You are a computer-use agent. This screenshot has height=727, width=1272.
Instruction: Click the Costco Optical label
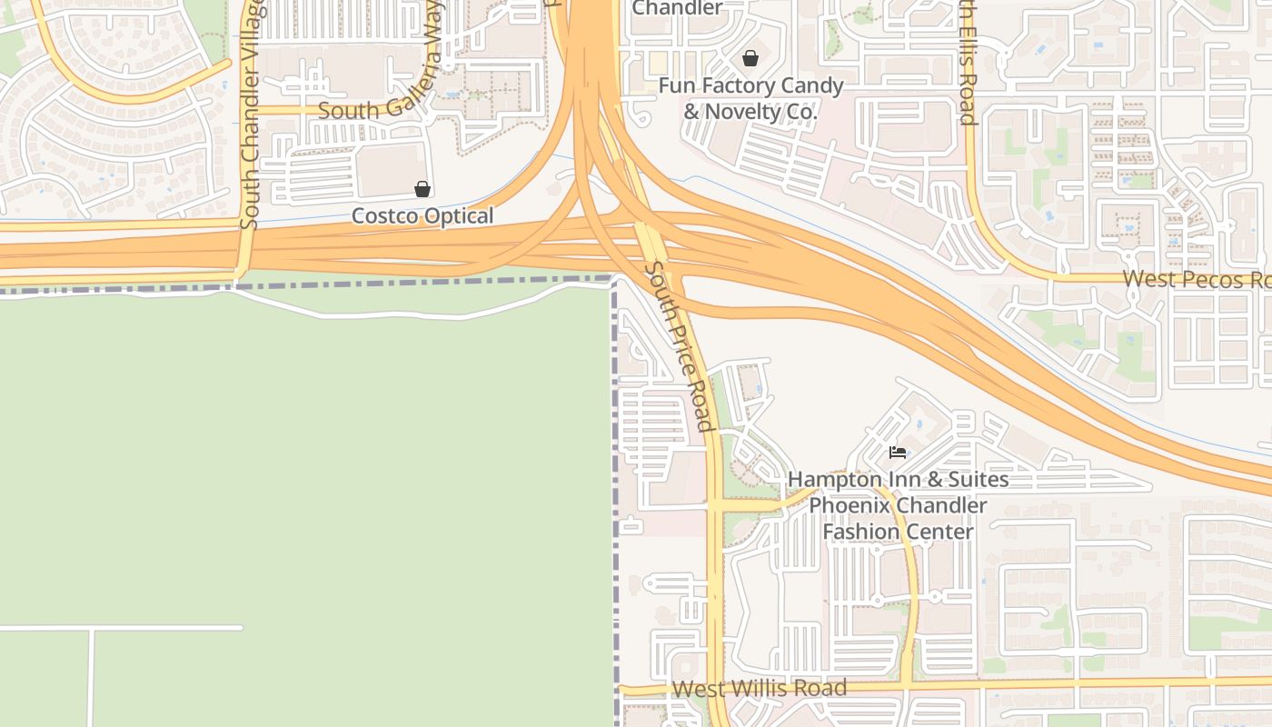coord(422,216)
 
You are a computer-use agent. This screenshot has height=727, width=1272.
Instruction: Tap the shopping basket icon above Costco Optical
coord(422,189)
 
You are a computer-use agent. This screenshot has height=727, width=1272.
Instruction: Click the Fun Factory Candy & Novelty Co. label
coord(750,99)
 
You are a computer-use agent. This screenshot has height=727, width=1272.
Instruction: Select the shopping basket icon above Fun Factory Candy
coord(750,58)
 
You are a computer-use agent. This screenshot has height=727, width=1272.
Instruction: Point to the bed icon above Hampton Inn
coord(898,452)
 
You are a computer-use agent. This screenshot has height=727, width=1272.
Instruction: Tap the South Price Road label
coord(678,346)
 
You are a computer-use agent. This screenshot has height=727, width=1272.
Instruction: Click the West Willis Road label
coord(760,689)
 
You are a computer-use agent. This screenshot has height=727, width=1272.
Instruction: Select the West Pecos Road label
coord(1196,279)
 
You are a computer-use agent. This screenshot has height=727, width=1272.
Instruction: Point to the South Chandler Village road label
coord(252,114)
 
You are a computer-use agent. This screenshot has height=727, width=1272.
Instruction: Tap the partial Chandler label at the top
coord(677,8)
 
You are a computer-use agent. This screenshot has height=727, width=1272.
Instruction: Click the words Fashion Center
coord(898,531)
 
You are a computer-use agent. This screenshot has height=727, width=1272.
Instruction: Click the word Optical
coord(460,216)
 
